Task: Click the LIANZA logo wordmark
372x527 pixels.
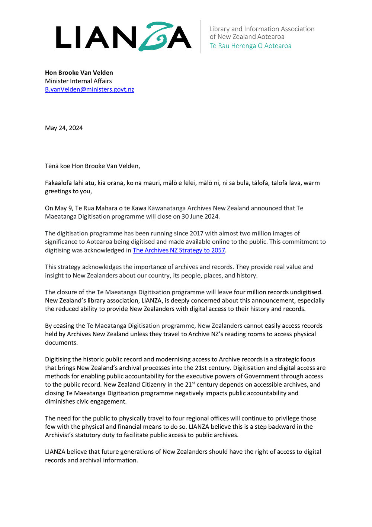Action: pos(124,37)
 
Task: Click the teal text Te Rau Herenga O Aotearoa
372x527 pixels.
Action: pos(250,46)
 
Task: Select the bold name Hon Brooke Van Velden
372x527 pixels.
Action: pos(79,73)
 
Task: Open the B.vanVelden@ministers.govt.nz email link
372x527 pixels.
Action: pos(89,89)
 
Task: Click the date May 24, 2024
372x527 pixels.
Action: pos(64,128)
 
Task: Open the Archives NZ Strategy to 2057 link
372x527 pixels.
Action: pos(179,250)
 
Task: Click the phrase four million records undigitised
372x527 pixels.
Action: pos(278,292)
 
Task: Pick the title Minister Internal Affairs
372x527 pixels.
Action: pos(78,81)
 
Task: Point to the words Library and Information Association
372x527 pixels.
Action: pos(262,29)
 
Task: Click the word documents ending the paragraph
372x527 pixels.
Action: pos(61,343)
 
